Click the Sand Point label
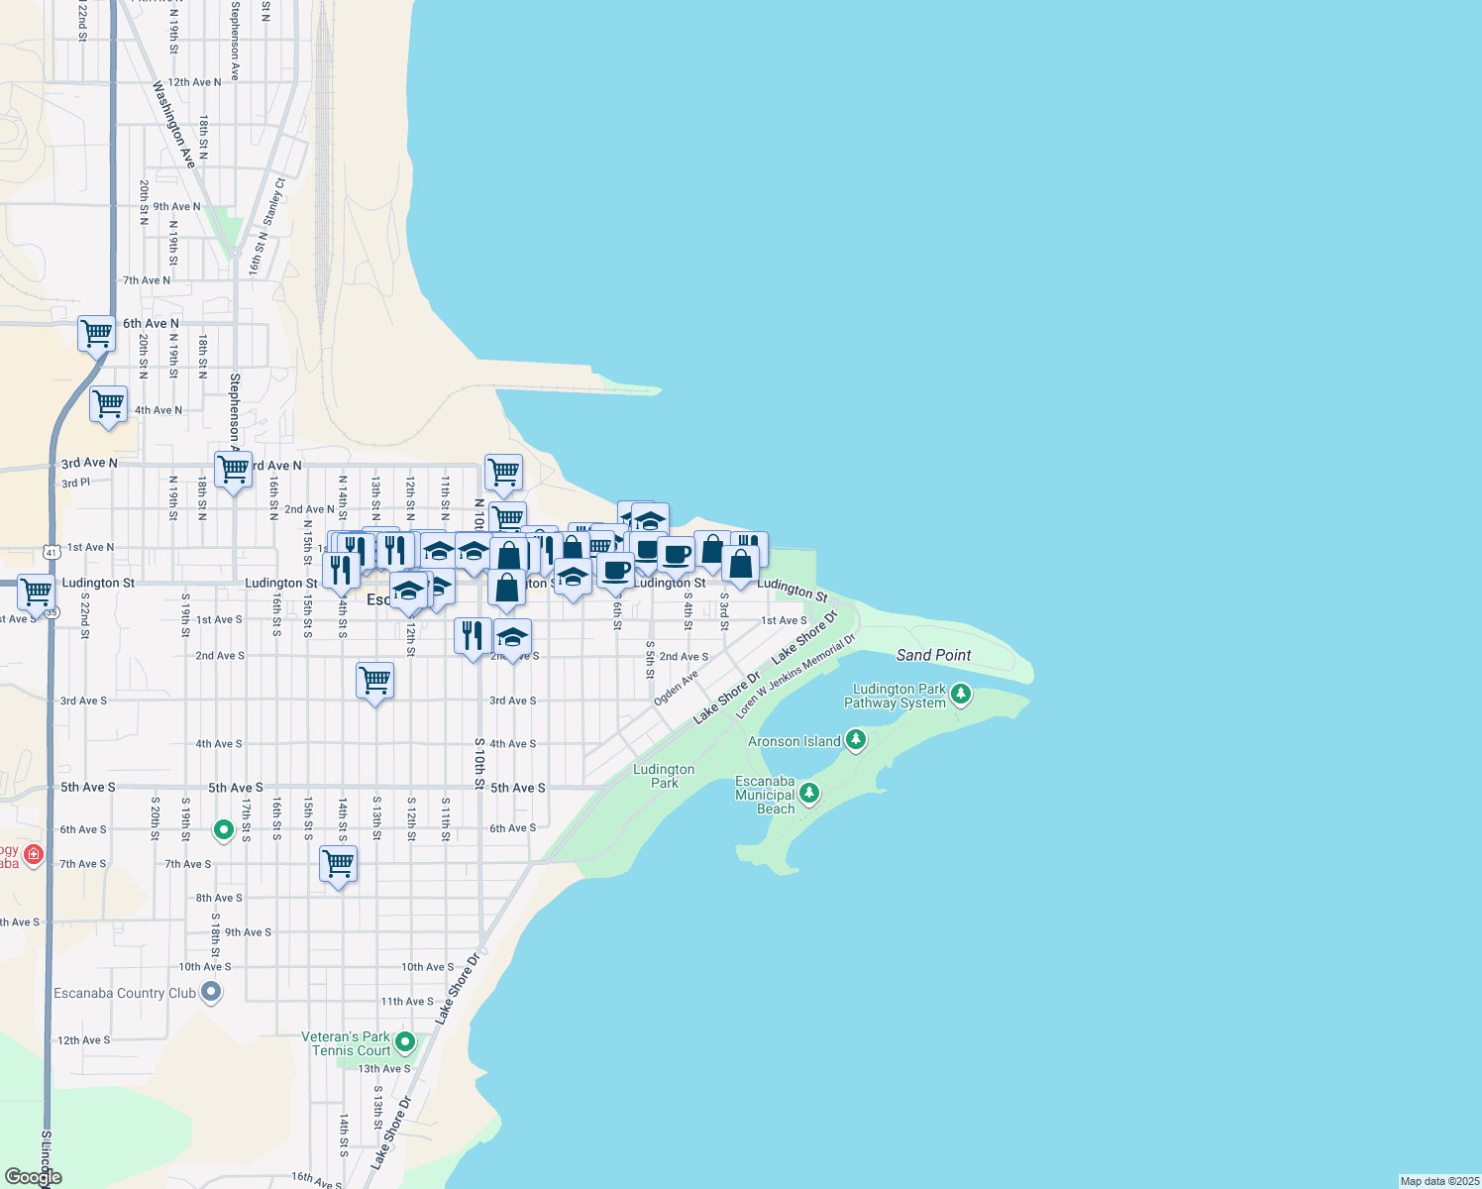933,655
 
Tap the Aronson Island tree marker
856,740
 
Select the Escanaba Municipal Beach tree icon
809,793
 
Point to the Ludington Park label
664,776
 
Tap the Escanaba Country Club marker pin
210,992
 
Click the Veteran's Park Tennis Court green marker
404,1042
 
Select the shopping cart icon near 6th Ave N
97,334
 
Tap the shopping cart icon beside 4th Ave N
109,404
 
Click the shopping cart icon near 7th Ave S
339,864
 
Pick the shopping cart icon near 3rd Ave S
375,681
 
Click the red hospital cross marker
34,854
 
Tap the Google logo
33,1177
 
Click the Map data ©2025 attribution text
1439,1181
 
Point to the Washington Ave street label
173,125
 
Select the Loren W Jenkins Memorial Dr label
794,678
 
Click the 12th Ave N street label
194,82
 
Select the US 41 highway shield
52,551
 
